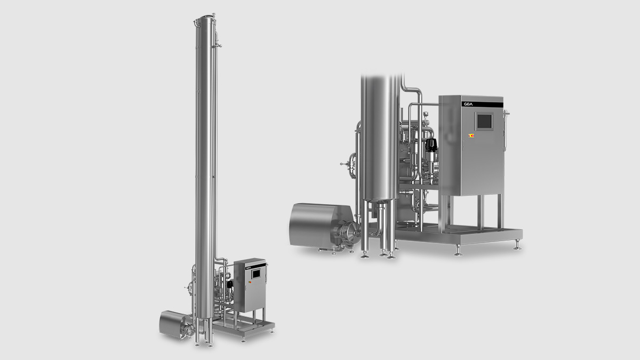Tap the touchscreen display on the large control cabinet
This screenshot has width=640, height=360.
tap(484, 122)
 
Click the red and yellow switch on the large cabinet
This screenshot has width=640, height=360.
tap(471, 135)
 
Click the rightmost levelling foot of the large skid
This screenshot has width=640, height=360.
tap(517, 247)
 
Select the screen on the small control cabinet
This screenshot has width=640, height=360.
tap(257, 273)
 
